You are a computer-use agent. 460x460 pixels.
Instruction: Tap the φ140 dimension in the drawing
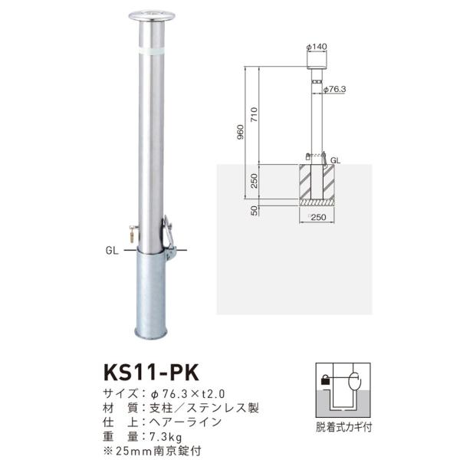(317, 48)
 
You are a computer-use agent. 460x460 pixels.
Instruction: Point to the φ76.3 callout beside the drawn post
(334, 90)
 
